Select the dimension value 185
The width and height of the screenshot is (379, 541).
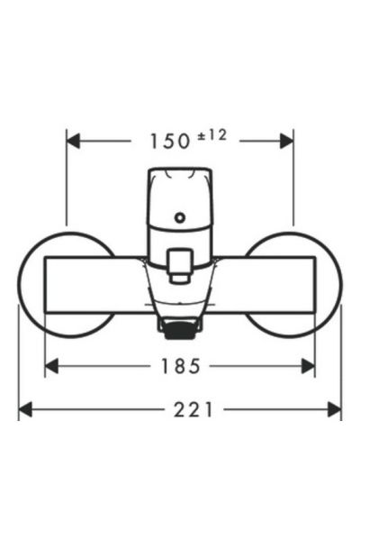click(178, 365)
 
